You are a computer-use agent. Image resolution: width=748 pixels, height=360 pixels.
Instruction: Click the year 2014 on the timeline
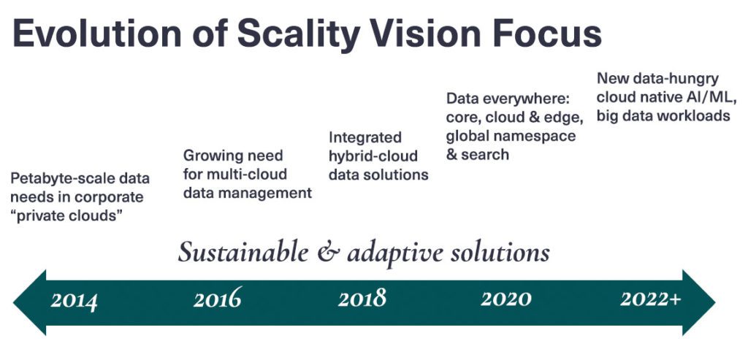click(74, 300)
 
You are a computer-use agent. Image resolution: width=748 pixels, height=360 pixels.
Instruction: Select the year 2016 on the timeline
click(218, 299)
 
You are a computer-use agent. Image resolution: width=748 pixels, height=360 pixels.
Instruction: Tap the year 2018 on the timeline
click(362, 299)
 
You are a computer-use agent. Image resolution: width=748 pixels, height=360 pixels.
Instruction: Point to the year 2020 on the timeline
click(505, 299)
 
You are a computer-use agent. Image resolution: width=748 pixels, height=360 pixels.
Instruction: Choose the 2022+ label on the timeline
click(651, 299)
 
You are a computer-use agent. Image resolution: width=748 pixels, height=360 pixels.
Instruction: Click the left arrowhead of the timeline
click(29, 302)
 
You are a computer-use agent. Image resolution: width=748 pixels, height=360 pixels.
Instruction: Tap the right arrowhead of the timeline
click(699, 302)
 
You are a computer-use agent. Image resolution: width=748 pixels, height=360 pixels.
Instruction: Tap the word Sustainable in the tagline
click(243, 252)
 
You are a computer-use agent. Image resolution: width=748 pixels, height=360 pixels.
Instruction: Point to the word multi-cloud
click(247, 174)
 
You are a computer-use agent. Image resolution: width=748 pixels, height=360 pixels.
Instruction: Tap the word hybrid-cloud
click(373, 156)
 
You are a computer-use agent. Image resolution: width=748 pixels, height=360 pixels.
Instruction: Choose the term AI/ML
click(710, 97)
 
